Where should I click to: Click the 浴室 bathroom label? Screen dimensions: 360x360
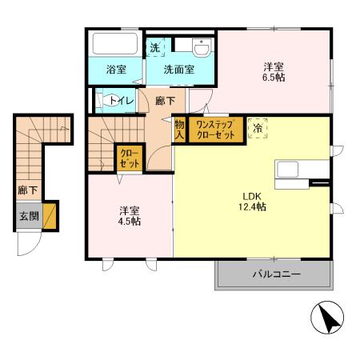(116, 70)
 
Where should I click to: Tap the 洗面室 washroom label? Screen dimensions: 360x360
(179, 70)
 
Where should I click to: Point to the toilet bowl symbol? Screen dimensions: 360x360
(103, 101)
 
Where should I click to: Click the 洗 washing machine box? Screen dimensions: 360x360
(155, 47)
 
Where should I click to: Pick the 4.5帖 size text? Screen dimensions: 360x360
(130, 222)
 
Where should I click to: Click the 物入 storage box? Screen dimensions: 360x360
(180, 130)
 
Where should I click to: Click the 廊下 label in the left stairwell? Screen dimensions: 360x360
(26, 190)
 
